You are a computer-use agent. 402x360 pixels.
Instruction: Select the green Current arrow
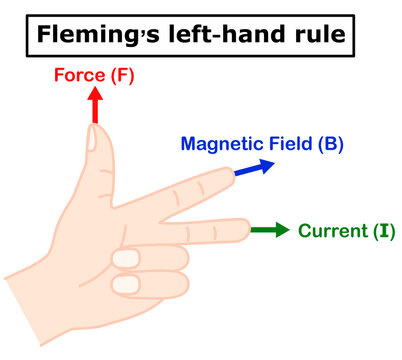tap(269, 231)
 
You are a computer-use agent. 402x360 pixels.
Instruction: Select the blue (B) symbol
tap(330, 143)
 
